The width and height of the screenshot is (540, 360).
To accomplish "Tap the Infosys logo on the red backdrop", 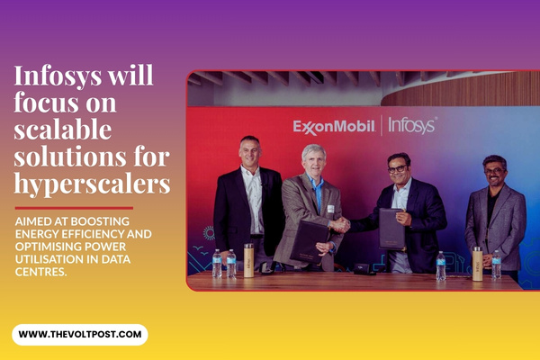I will [413, 126].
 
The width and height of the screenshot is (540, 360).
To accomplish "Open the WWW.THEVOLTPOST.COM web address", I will [79, 335].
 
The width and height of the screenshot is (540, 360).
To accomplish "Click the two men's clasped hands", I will [340, 226].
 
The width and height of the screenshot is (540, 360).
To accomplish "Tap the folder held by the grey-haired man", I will [310, 239].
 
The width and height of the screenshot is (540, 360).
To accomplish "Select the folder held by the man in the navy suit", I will [392, 229].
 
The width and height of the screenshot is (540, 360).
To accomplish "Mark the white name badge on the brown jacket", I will [329, 209].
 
